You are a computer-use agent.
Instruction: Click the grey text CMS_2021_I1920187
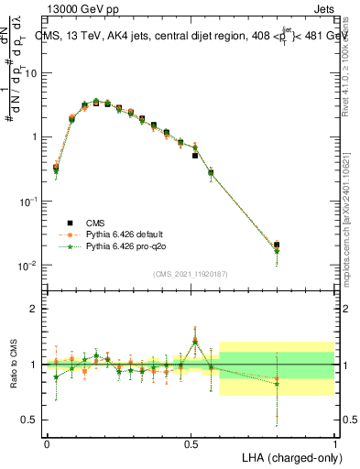tap(190, 273)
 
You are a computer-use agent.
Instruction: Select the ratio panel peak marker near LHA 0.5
tap(195, 341)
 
